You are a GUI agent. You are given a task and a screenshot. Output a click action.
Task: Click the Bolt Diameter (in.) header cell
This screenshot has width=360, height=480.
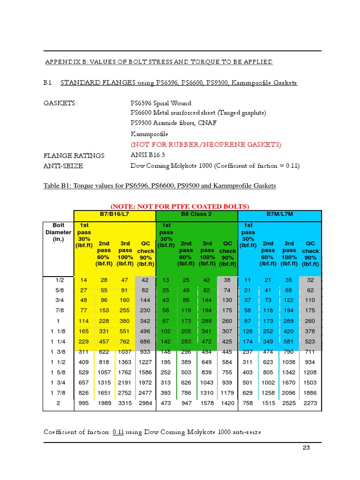(58, 232)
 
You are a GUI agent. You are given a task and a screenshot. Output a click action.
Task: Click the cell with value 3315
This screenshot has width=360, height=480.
(126, 403)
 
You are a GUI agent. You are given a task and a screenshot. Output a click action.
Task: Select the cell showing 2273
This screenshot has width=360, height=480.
(310, 403)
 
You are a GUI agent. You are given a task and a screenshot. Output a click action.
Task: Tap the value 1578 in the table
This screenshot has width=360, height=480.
(207, 403)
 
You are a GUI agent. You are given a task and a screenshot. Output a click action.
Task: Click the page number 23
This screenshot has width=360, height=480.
(307, 448)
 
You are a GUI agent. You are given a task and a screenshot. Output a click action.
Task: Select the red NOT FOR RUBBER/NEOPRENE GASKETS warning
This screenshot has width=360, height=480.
(206, 144)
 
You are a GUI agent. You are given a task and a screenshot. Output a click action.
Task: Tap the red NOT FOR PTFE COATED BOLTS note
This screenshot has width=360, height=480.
(180, 206)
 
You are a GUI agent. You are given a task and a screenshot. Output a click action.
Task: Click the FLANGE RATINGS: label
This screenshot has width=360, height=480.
(75, 156)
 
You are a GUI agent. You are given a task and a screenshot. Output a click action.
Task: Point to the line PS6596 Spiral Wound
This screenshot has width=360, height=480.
(161, 103)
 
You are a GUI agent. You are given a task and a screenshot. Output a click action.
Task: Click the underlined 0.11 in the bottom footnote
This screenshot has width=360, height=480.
(118, 432)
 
